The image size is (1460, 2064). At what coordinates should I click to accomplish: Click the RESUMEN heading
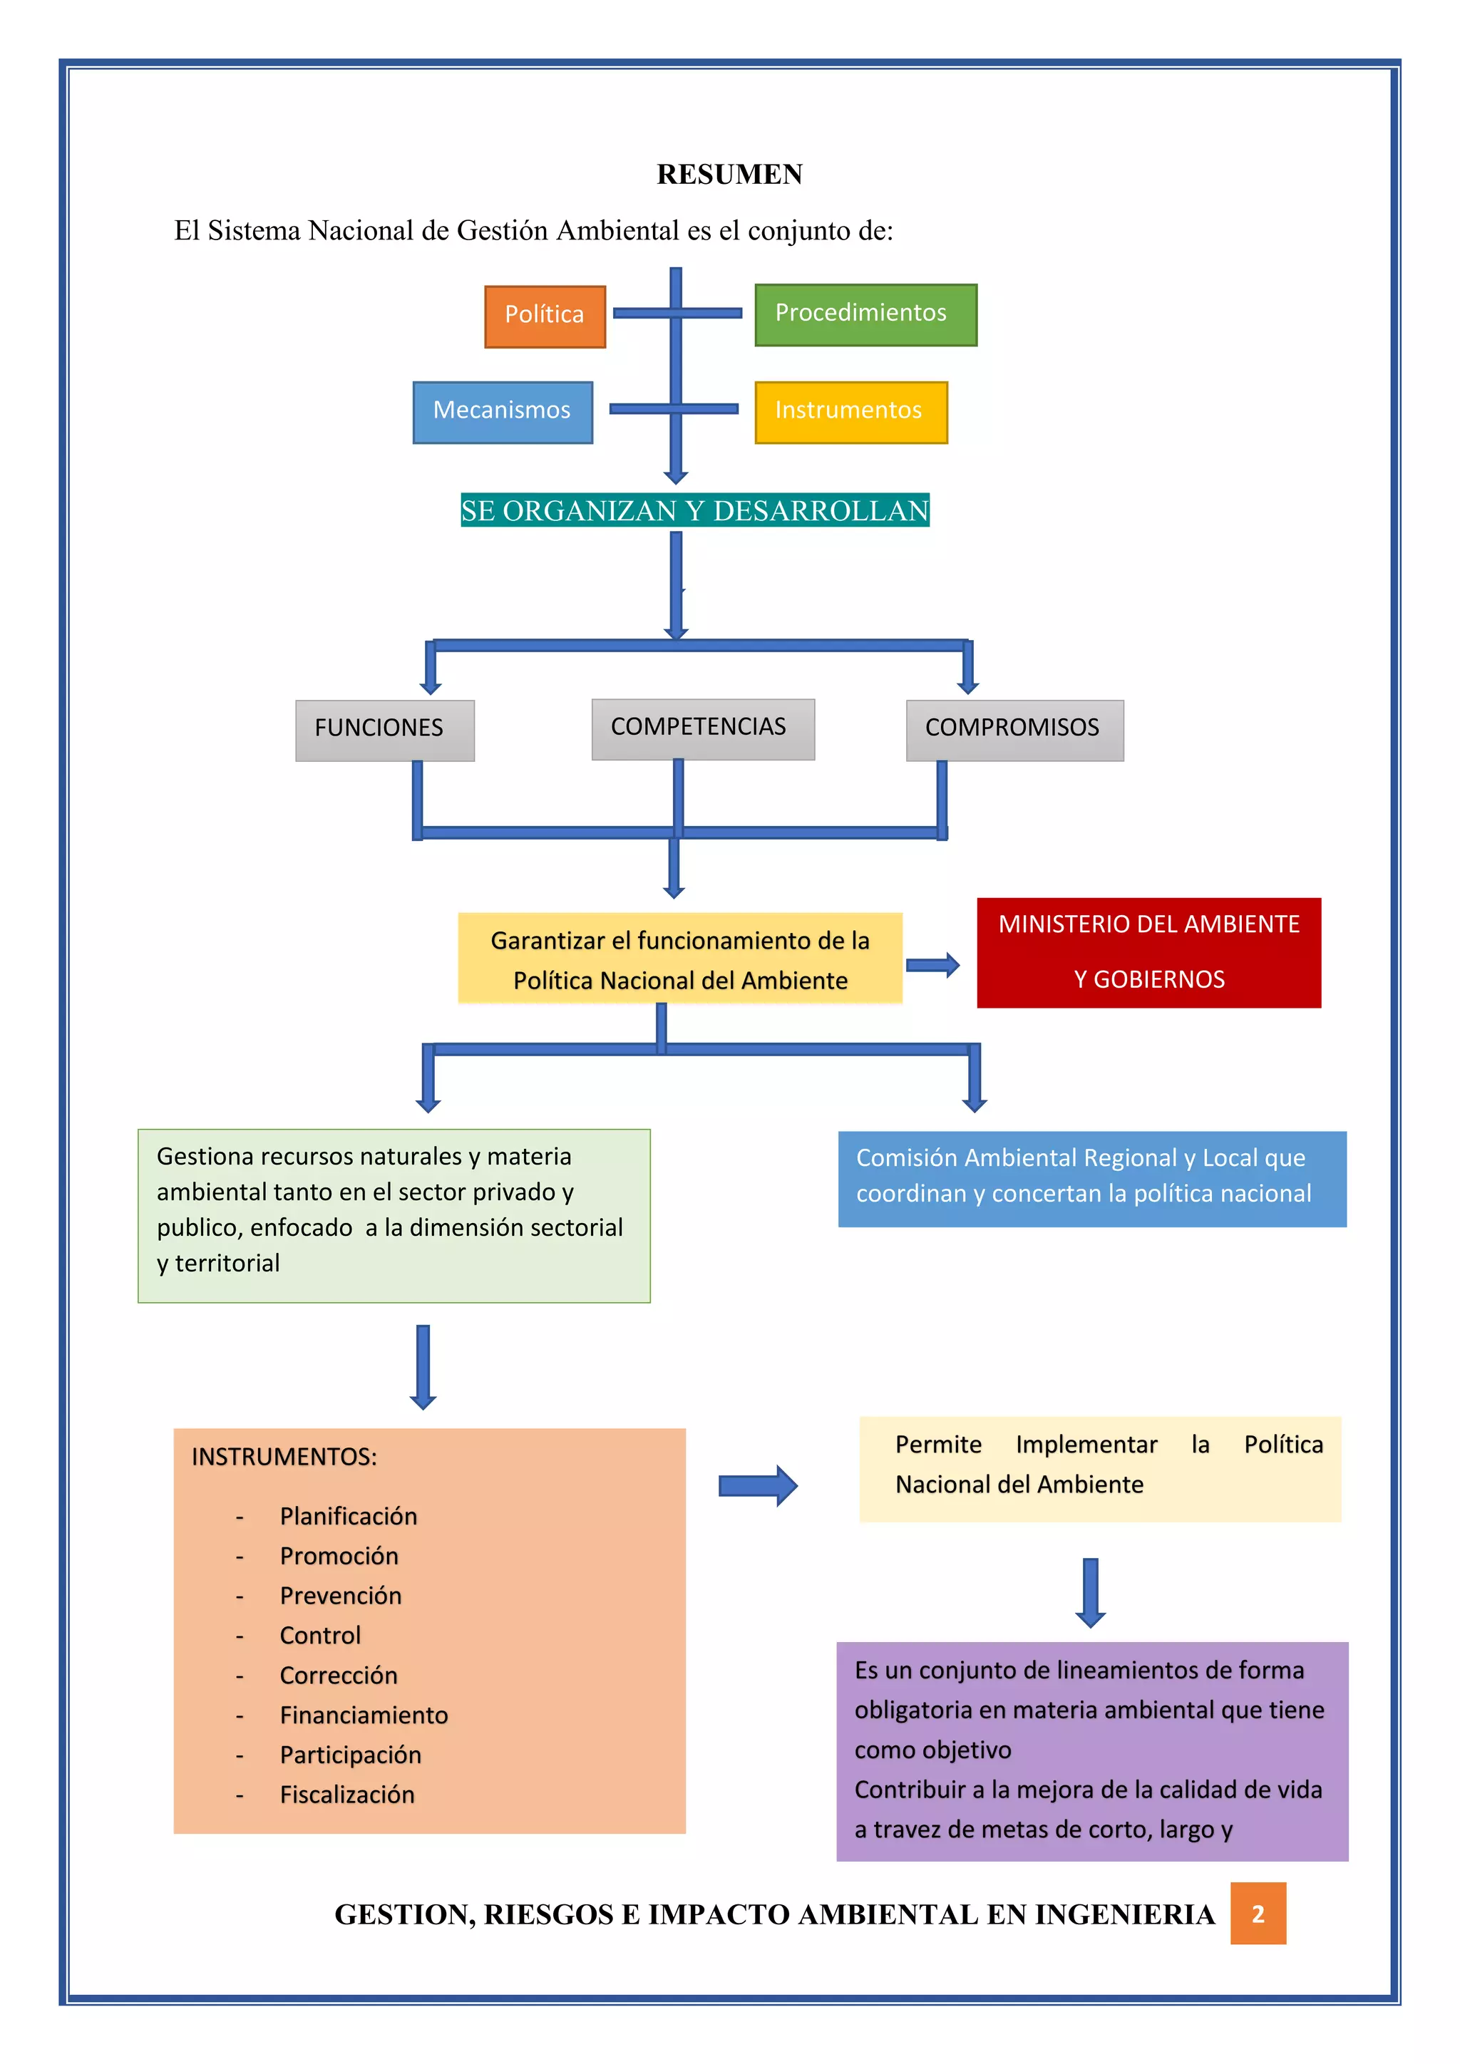click(729, 175)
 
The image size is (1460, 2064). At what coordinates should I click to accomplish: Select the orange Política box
click(545, 316)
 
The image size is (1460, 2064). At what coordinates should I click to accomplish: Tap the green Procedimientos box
click(865, 314)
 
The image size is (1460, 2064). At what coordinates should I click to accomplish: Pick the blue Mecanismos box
click(503, 412)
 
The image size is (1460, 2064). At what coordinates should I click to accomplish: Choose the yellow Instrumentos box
click(850, 412)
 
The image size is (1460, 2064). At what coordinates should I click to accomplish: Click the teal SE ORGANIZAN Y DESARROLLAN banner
click(695, 510)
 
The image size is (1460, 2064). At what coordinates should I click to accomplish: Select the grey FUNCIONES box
click(385, 730)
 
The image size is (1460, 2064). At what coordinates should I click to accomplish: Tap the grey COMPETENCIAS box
click(703, 729)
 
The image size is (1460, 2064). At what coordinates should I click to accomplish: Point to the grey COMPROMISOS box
click(1015, 730)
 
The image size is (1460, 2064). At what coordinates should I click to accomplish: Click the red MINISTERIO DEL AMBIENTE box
click(1149, 952)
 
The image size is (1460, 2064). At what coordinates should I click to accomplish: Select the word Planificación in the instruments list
click(348, 1517)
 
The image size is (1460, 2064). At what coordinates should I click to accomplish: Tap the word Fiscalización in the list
click(347, 1795)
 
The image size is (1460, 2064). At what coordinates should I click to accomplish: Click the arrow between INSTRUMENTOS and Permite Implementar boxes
click(758, 1486)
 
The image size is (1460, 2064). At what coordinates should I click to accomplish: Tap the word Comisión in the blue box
click(906, 1158)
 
